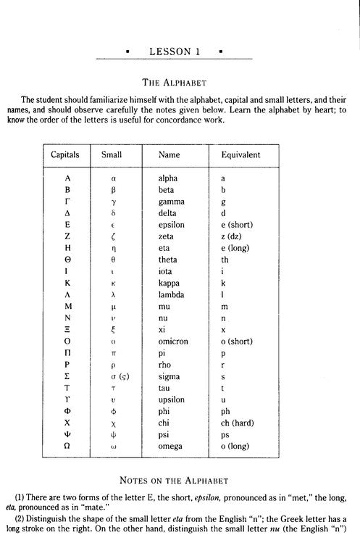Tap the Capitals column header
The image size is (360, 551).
point(66,154)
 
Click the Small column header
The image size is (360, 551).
point(112,154)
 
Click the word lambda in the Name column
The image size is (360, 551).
point(172,294)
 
